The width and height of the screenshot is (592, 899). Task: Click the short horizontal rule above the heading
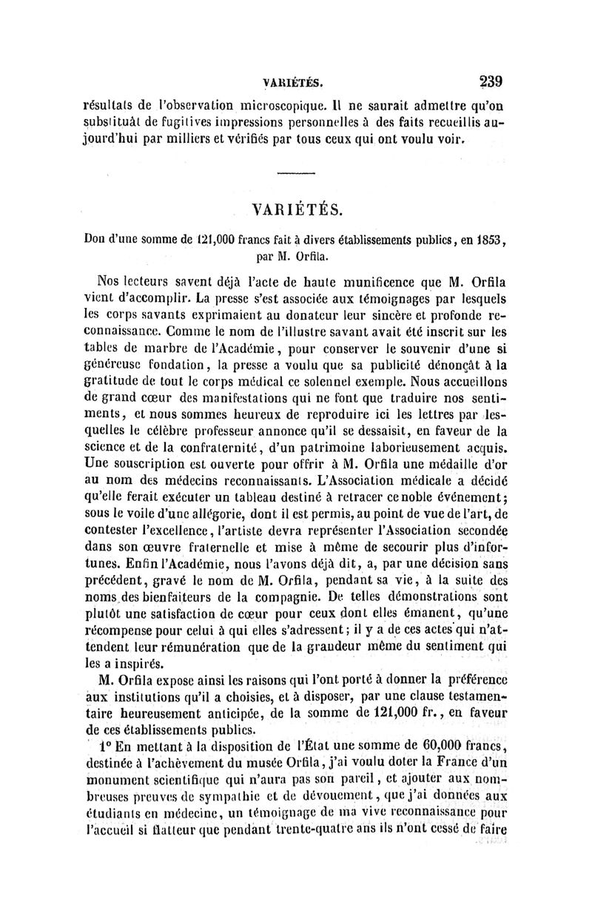(295, 174)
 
